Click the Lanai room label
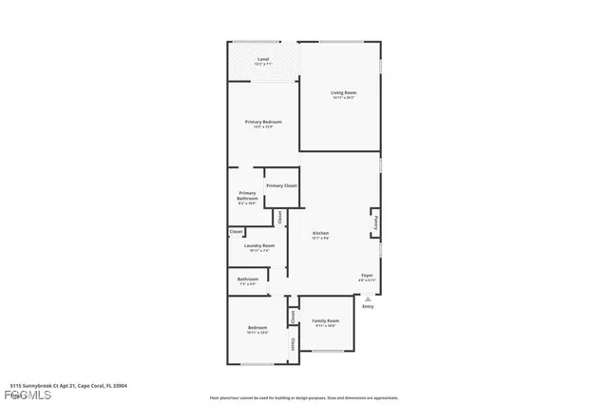point(263,60)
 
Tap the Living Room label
point(342,92)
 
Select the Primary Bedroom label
point(263,122)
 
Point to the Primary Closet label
point(281,185)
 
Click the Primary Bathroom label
point(247,195)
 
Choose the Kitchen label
point(321,233)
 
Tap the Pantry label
point(375,222)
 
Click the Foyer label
point(367,276)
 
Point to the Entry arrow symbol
point(368,298)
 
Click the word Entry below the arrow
point(368,306)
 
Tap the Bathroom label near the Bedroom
point(248,279)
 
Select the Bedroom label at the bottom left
point(257,328)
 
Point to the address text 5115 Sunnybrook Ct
point(67,386)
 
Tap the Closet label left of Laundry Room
point(236,231)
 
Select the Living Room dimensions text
point(342,98)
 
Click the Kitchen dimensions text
point(321,239)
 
